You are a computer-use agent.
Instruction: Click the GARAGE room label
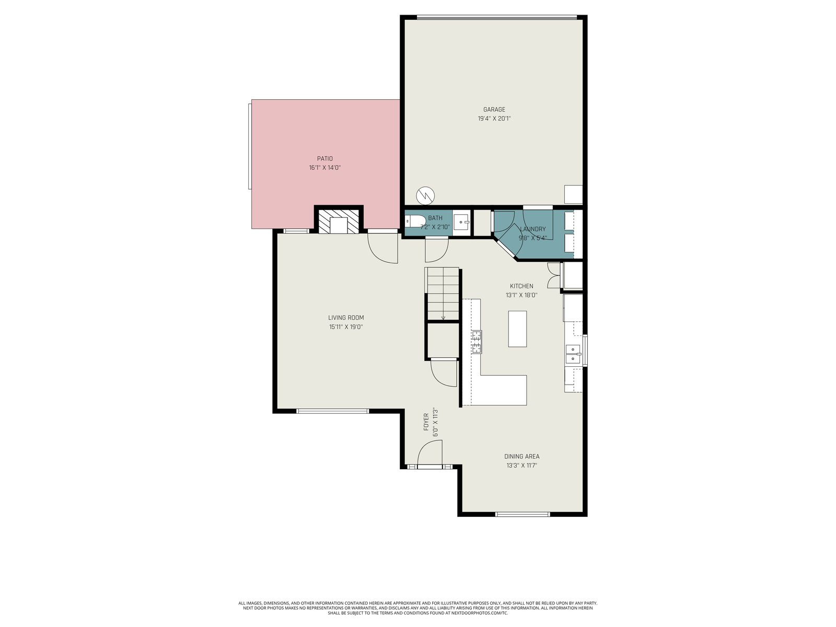tap(494, 110)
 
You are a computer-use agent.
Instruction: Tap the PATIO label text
tap(324, 159)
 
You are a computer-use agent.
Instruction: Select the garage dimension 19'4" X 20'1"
tap(494, 119)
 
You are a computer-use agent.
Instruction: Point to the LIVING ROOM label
tap(346, 318)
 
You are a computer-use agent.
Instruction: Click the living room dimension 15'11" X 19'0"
tap(346, 327)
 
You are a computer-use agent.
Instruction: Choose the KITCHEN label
tap(521, 286)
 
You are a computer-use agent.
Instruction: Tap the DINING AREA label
tap(521, 456)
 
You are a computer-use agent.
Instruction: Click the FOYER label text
tap(426, 422)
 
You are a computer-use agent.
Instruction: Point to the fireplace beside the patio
tap(338, 221)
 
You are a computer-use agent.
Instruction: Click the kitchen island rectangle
tap(517, 329)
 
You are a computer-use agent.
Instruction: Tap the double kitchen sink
tap(573, 354)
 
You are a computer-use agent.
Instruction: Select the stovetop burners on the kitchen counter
tap(477, 342)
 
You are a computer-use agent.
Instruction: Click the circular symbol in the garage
tap(425, 196)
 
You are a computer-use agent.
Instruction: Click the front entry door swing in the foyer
tap(429, 452)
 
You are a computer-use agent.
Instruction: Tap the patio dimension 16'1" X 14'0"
tap(324, 168)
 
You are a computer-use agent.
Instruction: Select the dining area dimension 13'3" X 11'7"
tap(521, 465)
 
